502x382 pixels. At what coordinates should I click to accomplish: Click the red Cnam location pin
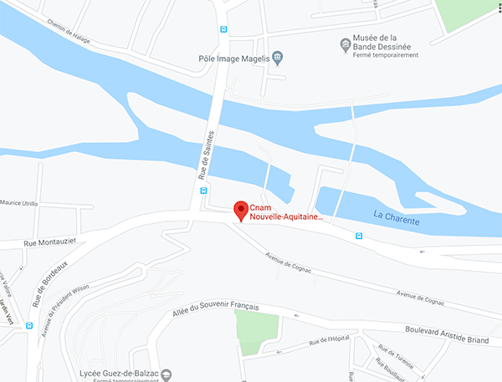[241, 210]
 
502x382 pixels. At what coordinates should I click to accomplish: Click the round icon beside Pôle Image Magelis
[279, 57]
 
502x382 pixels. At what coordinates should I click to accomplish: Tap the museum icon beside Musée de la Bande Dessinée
[345, 43]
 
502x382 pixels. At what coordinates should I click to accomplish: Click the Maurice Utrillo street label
[18, 202]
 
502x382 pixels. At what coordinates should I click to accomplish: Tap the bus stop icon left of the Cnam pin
[203, 190]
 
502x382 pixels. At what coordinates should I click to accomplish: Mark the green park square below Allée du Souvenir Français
[256, 333]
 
